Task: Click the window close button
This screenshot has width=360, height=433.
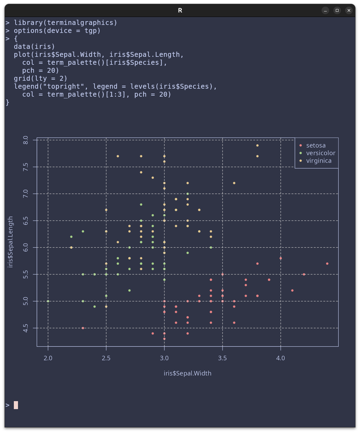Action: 349,10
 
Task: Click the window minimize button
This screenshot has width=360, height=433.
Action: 325,10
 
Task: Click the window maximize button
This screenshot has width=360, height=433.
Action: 337,10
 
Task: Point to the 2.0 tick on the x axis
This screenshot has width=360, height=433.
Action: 48,358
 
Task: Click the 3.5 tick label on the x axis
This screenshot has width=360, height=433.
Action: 223,358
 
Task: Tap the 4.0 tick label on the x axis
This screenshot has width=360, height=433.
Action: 281,358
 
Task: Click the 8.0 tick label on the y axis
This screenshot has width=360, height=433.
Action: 26,140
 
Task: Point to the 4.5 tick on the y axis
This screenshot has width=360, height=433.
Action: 26,328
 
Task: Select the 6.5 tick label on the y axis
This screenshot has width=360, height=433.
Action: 26,221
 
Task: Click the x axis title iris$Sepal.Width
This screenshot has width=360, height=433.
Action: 188,373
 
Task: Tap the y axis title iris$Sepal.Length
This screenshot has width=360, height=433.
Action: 10,242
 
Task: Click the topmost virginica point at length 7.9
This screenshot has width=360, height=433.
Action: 258,145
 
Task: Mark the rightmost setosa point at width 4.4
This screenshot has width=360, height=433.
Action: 327,264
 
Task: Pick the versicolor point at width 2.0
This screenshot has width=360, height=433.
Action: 48,301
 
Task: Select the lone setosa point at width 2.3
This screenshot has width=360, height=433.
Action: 83,328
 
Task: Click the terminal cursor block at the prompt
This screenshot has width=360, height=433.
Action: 16,405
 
